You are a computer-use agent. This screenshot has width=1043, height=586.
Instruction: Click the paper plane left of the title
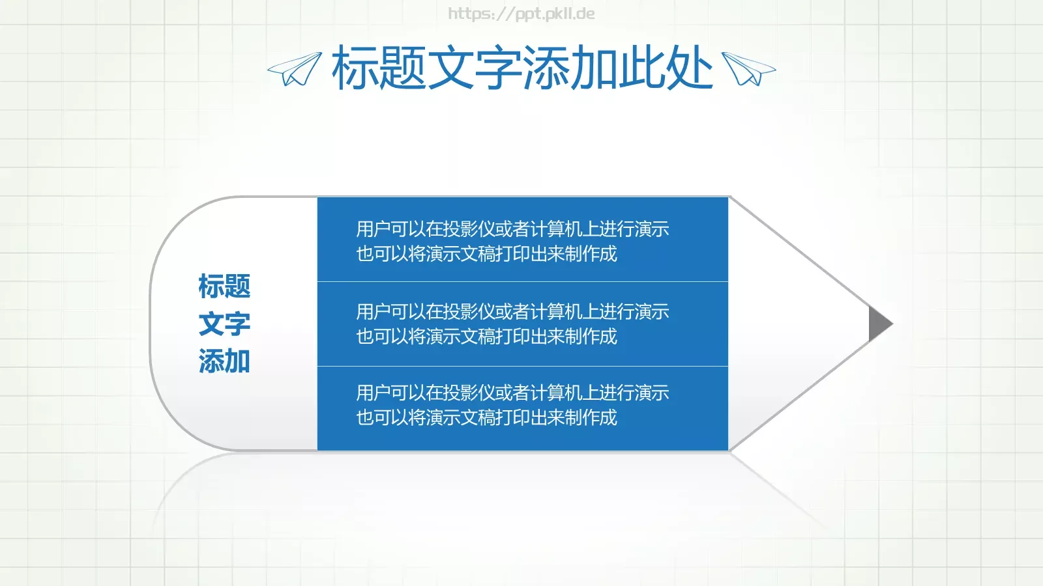pyautogui.click(x=295, y=69)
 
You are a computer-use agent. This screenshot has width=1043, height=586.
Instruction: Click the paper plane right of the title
pyautogui.click(x=748, y=69)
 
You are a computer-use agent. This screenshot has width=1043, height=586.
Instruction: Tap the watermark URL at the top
pyautogui.click(x=521, y=14)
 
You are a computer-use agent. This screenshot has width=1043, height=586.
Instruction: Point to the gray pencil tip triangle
pyautogui.click(x=879, y=324)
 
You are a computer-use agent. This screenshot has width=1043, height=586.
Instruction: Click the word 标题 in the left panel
pyautogui.click(x=224, y=286)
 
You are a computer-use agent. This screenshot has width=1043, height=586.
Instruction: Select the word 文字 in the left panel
pyautogui.click(x=224, y=324)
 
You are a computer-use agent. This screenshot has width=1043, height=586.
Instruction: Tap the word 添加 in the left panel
pyautogui.click(x=224, y=361)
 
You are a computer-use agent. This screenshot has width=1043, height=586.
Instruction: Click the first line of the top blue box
pyautogui.click(x=512, y=229)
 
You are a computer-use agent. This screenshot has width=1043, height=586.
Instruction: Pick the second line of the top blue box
pyautogui.click(x=486, y=254)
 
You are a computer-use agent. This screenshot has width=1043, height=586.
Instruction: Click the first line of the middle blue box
pyautogui.click(x=512, y=312)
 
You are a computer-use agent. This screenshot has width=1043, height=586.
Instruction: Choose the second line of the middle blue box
pyautogui.click(x=486, y=337)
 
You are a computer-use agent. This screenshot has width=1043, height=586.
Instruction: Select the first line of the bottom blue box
pyautogui.click(x=512, y=393)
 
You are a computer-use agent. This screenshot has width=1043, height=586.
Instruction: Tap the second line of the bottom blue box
pyautogui.click(x=486, y=417)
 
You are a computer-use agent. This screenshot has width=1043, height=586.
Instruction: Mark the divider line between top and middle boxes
pyautogui.click(x=522, y=282)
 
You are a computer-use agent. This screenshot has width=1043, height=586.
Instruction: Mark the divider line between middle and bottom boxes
pyautogui.click(x=522, y=367)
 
